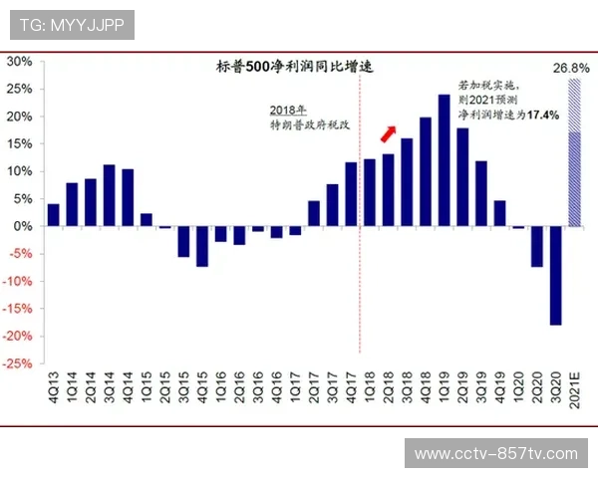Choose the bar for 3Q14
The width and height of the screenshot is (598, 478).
[110, 195]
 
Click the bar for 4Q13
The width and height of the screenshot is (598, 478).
[53, 215]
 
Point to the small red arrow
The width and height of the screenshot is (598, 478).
[389, 133]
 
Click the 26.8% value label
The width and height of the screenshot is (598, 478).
[571, 68]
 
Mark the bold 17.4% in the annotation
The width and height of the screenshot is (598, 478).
[543, 116]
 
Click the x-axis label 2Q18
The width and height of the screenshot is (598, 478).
[389, 386]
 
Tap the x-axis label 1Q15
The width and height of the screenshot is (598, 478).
[147, 386]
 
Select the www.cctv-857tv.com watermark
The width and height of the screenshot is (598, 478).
[495, 453]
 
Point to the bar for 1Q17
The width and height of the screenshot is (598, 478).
[296, 231]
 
